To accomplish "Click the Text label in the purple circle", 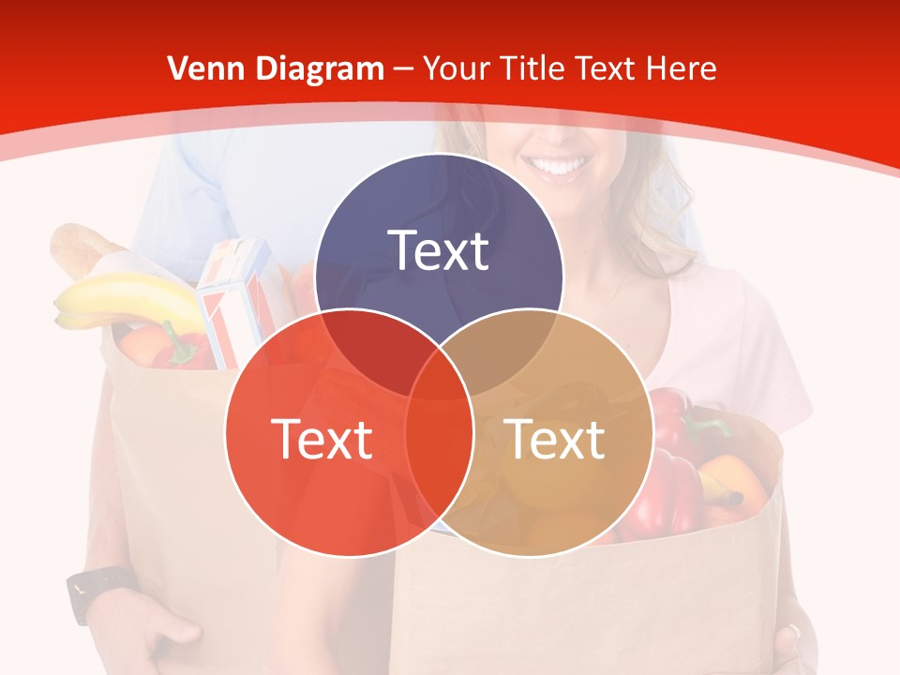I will (x=439, y=250).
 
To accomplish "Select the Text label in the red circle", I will (x=322, y=438).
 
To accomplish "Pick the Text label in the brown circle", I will (x=554, y=438).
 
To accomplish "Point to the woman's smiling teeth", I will (x=559, y=168).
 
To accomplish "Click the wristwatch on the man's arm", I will (x=94, y=591).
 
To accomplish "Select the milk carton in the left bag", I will (x=234, y=300).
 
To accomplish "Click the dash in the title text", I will (x=403, y=68).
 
